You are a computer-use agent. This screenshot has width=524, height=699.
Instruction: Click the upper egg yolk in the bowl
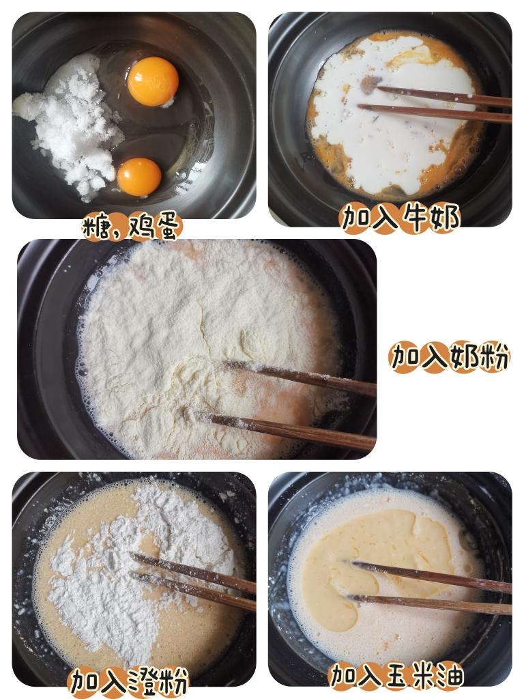point(153,81)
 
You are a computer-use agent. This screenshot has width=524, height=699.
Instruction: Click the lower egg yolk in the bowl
point(139,176)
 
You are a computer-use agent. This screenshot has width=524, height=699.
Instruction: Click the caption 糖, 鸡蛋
point(132,227)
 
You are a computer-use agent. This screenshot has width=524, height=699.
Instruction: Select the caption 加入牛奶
point(400,218)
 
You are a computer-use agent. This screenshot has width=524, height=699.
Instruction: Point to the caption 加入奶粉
point(449,356)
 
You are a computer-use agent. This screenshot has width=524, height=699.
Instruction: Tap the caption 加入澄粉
point(128,681)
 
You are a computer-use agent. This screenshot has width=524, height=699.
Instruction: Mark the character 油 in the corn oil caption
point(450,675)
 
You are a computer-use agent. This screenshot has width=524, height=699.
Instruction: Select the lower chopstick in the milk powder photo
point(293,431)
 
